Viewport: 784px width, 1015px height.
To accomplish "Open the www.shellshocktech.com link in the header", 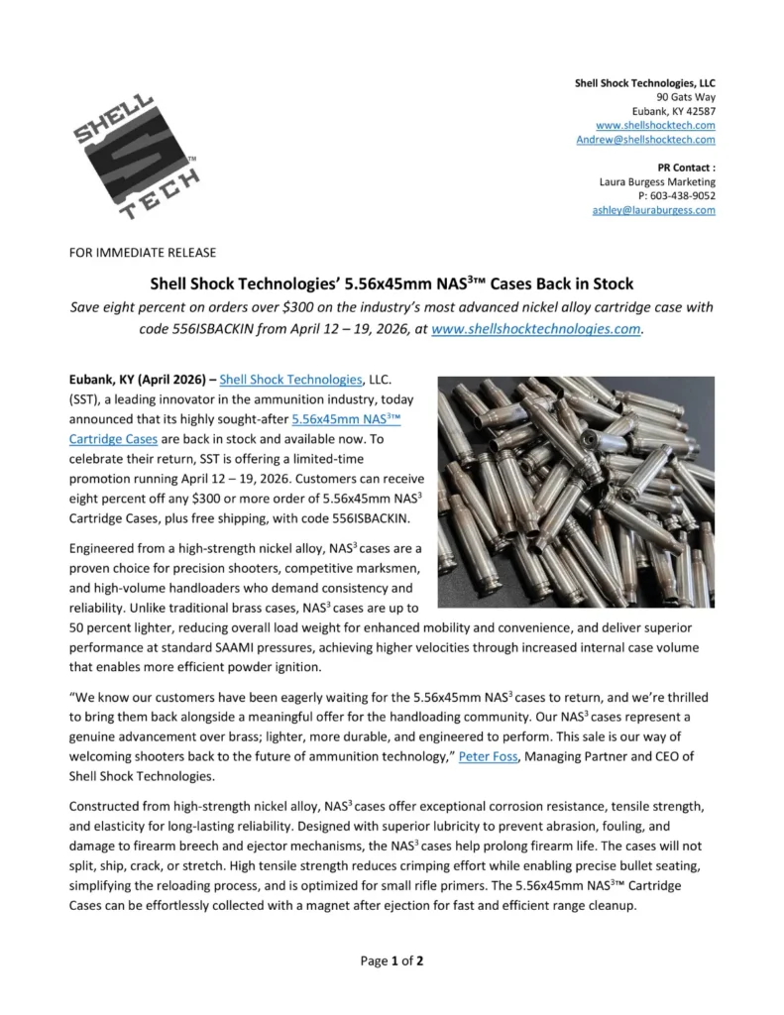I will (655, 126).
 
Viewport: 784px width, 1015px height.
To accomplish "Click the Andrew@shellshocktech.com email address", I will (645, 140).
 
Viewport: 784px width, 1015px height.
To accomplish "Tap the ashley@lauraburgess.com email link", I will (653, 210).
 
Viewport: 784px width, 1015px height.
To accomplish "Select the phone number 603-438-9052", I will (683, 196).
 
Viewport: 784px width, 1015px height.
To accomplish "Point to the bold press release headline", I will (392, 284).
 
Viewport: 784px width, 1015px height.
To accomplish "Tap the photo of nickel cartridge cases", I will (576, 492).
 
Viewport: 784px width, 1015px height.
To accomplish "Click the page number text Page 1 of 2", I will (392, 959).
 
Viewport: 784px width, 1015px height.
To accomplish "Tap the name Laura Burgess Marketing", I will (657, 182).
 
